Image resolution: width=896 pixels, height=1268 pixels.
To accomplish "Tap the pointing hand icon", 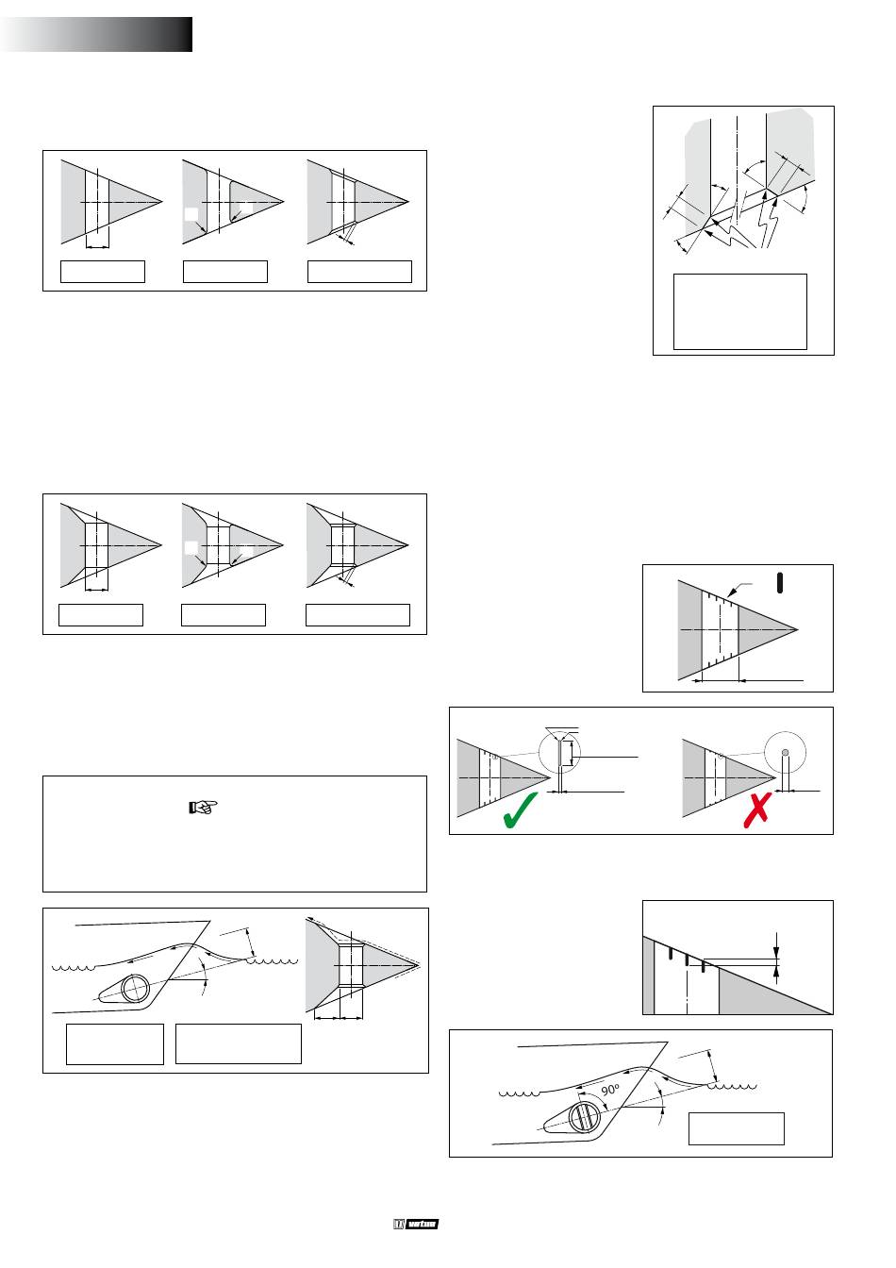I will pos(203,807).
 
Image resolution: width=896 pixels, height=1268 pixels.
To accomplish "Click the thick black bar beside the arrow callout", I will pos(779,583).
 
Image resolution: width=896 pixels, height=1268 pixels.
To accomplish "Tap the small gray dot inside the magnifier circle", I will pos(787,750).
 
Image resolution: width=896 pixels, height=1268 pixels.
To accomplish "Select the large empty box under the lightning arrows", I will pos(740,311).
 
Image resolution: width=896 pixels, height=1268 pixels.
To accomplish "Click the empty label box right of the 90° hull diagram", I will pos(737,1128).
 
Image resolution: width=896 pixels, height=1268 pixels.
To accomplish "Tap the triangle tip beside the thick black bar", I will pos(799,628).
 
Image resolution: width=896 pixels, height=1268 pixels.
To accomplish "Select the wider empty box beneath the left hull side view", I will pos(239,1043).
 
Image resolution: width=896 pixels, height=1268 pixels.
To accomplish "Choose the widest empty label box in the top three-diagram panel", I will pos(360,271).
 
